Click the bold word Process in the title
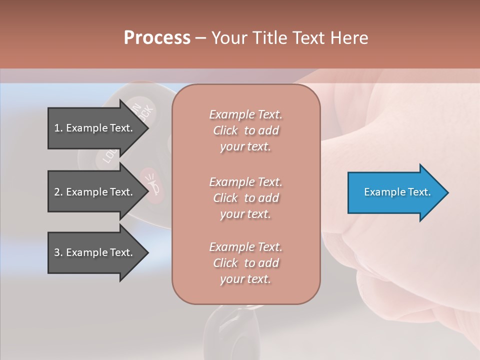(x=157, y=38)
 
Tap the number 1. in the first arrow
(x=58, y=128)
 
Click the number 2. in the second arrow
(x=58, y=192)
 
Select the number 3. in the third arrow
(x=58, y=252)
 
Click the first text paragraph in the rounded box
(x=245, y=130)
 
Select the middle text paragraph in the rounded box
(x=245, y=198)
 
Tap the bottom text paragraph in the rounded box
(x=245, y=263)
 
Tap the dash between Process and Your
(x=200, y=38)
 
